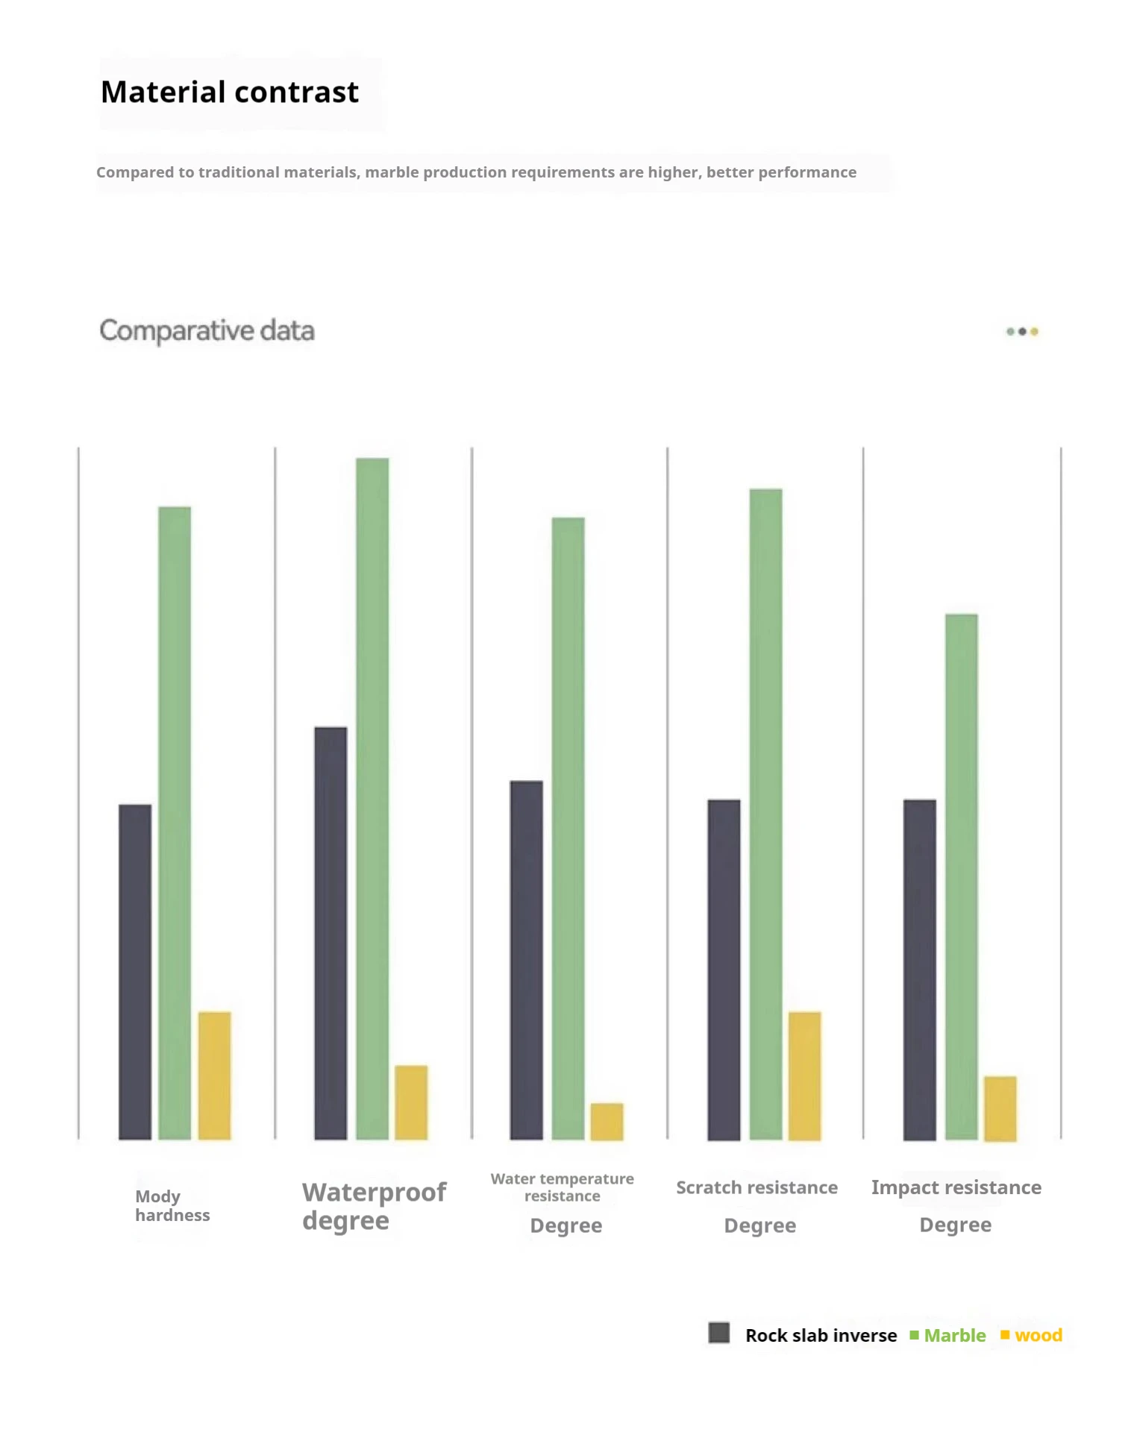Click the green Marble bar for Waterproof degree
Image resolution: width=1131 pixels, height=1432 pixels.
pos(372,798)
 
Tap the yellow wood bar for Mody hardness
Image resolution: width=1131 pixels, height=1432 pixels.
pos(214,1075)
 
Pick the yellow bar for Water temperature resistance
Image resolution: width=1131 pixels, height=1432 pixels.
pos(607,1121)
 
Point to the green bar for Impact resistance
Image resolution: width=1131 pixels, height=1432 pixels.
pos(961,876)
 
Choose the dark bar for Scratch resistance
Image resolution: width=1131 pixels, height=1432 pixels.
pos(724,970)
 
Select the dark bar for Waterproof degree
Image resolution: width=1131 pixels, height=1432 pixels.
pos(330,932)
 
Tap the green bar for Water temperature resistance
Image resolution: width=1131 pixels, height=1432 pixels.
pos(568,828)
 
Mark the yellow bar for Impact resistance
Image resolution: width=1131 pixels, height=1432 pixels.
pos(1000,1108)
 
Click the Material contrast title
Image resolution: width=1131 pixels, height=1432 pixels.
pos(230,92)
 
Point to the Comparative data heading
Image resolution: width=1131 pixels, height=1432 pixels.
pos(207,330)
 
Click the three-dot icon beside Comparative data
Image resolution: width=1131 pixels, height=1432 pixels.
pos(1022,331)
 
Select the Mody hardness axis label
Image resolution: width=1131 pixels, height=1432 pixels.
pos(172,1205)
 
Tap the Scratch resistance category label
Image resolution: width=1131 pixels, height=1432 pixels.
pos(756,1187)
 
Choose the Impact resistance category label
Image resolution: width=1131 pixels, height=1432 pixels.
pos(956,1187)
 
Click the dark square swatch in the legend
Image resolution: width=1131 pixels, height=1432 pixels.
pos(719,1333)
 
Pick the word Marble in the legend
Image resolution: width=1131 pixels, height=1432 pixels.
pos(954,1335)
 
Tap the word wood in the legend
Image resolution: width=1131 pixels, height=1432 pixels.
pos(1038,1335)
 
